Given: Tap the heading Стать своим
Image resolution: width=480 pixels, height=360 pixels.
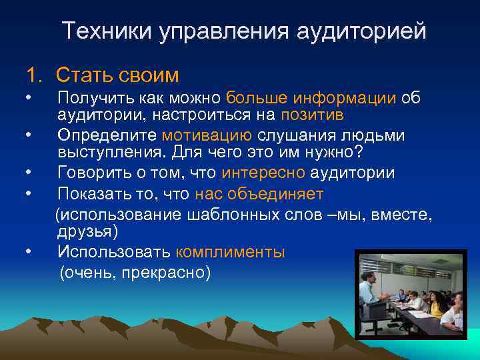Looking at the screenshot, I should click(117, 74).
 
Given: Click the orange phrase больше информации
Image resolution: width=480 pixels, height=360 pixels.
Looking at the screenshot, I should click(311, 98).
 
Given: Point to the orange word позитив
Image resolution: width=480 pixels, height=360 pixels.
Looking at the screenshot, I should click(313, 115).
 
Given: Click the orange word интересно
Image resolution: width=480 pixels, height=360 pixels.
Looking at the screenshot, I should click(263, 173).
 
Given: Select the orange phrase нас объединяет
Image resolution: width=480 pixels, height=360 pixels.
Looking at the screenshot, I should click(259, 194).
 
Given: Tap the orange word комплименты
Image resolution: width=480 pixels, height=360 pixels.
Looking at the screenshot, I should click(230, 252).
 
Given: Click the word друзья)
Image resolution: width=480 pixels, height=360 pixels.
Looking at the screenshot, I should click(87, 231).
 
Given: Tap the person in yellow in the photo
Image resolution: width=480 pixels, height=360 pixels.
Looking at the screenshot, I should click(437, 306).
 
